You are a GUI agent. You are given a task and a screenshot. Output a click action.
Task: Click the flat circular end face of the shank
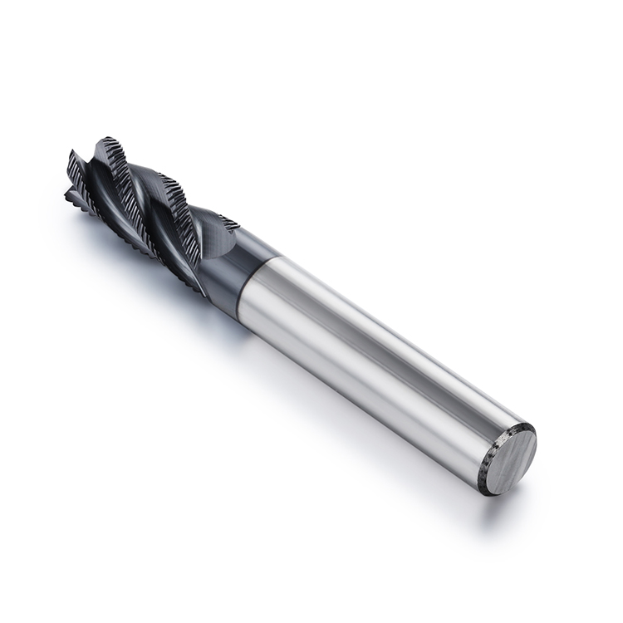click(509, 459)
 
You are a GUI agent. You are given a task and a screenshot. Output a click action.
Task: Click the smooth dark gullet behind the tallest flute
click(141, 179)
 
